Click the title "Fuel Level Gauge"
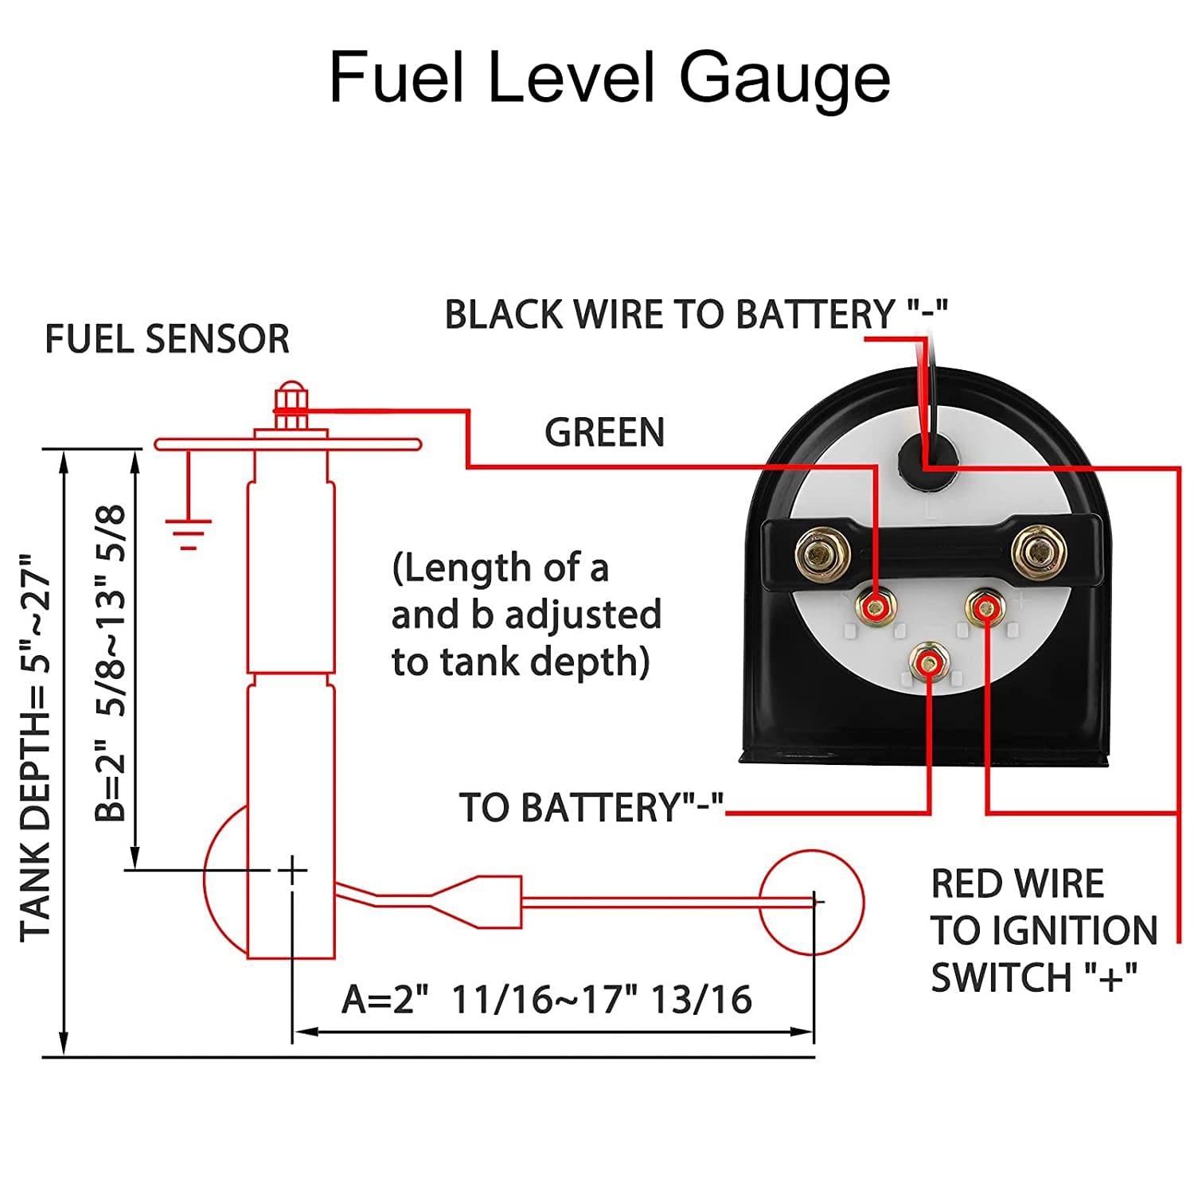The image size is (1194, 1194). [610, 78]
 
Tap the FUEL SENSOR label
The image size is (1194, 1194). [167, 339]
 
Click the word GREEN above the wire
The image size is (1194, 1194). [604, 433]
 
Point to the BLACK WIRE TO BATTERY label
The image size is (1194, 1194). [696, 314]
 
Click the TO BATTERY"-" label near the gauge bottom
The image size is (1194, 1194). [591, 808]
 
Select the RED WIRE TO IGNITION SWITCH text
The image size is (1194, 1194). [1044, 931]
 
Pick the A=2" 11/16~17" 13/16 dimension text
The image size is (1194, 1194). [547, 1000]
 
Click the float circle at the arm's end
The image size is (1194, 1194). [811, 901]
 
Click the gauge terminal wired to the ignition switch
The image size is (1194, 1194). [985, 608]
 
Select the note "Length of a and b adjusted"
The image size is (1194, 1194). [526, 615]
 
